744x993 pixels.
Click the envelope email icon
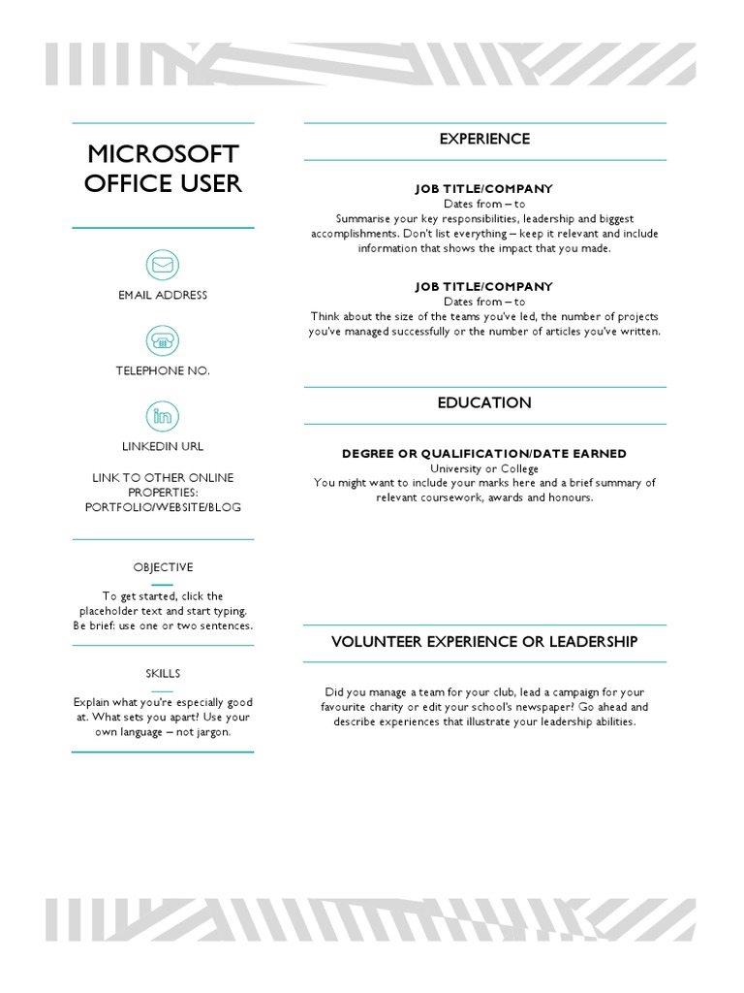click(x=163, y=265)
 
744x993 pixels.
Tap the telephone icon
click(x=163, y=340)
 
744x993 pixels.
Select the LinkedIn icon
click(x=163, y=417)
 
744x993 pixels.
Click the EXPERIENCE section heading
click(x=484, y=140)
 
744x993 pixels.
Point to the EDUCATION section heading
click(x=484, y=403)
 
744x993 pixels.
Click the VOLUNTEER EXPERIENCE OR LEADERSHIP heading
click(x=484, y=642)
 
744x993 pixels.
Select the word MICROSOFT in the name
click(x=163, y=154)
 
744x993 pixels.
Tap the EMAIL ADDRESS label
click(x=163, y=295)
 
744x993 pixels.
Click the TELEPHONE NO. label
click(x=163, y=370)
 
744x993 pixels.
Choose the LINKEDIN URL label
click(x=163, y=446)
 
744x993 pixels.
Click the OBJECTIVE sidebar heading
click(x=163, y=567)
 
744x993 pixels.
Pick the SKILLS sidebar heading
click(x=163, y=673)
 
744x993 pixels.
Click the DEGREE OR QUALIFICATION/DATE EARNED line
click(x=484, y=454)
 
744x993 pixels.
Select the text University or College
click(x=484, y=468)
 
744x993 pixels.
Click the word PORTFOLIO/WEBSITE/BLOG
click(x=163, y=507)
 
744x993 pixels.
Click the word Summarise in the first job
click(x=365, y=219)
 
